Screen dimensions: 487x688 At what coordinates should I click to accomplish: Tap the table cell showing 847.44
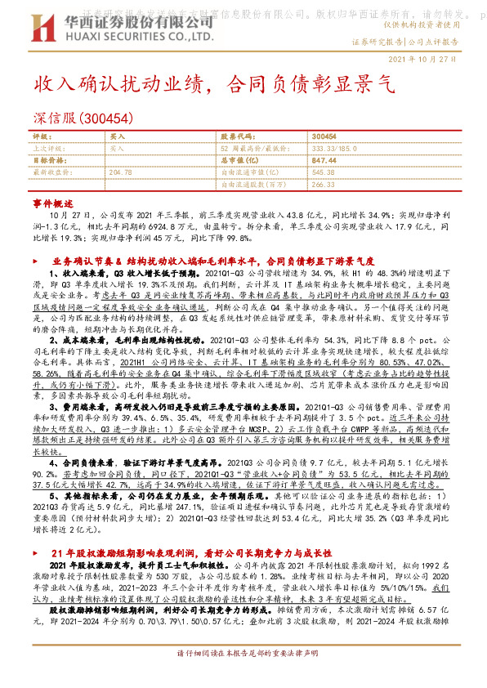click(x=324, y=161)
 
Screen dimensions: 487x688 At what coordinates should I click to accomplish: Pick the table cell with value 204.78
click(x=120, y=172)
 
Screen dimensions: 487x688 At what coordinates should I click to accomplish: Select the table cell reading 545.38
click(x=324, y=172)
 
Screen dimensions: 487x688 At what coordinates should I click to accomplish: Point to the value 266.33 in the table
click(x=324, y=185)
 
